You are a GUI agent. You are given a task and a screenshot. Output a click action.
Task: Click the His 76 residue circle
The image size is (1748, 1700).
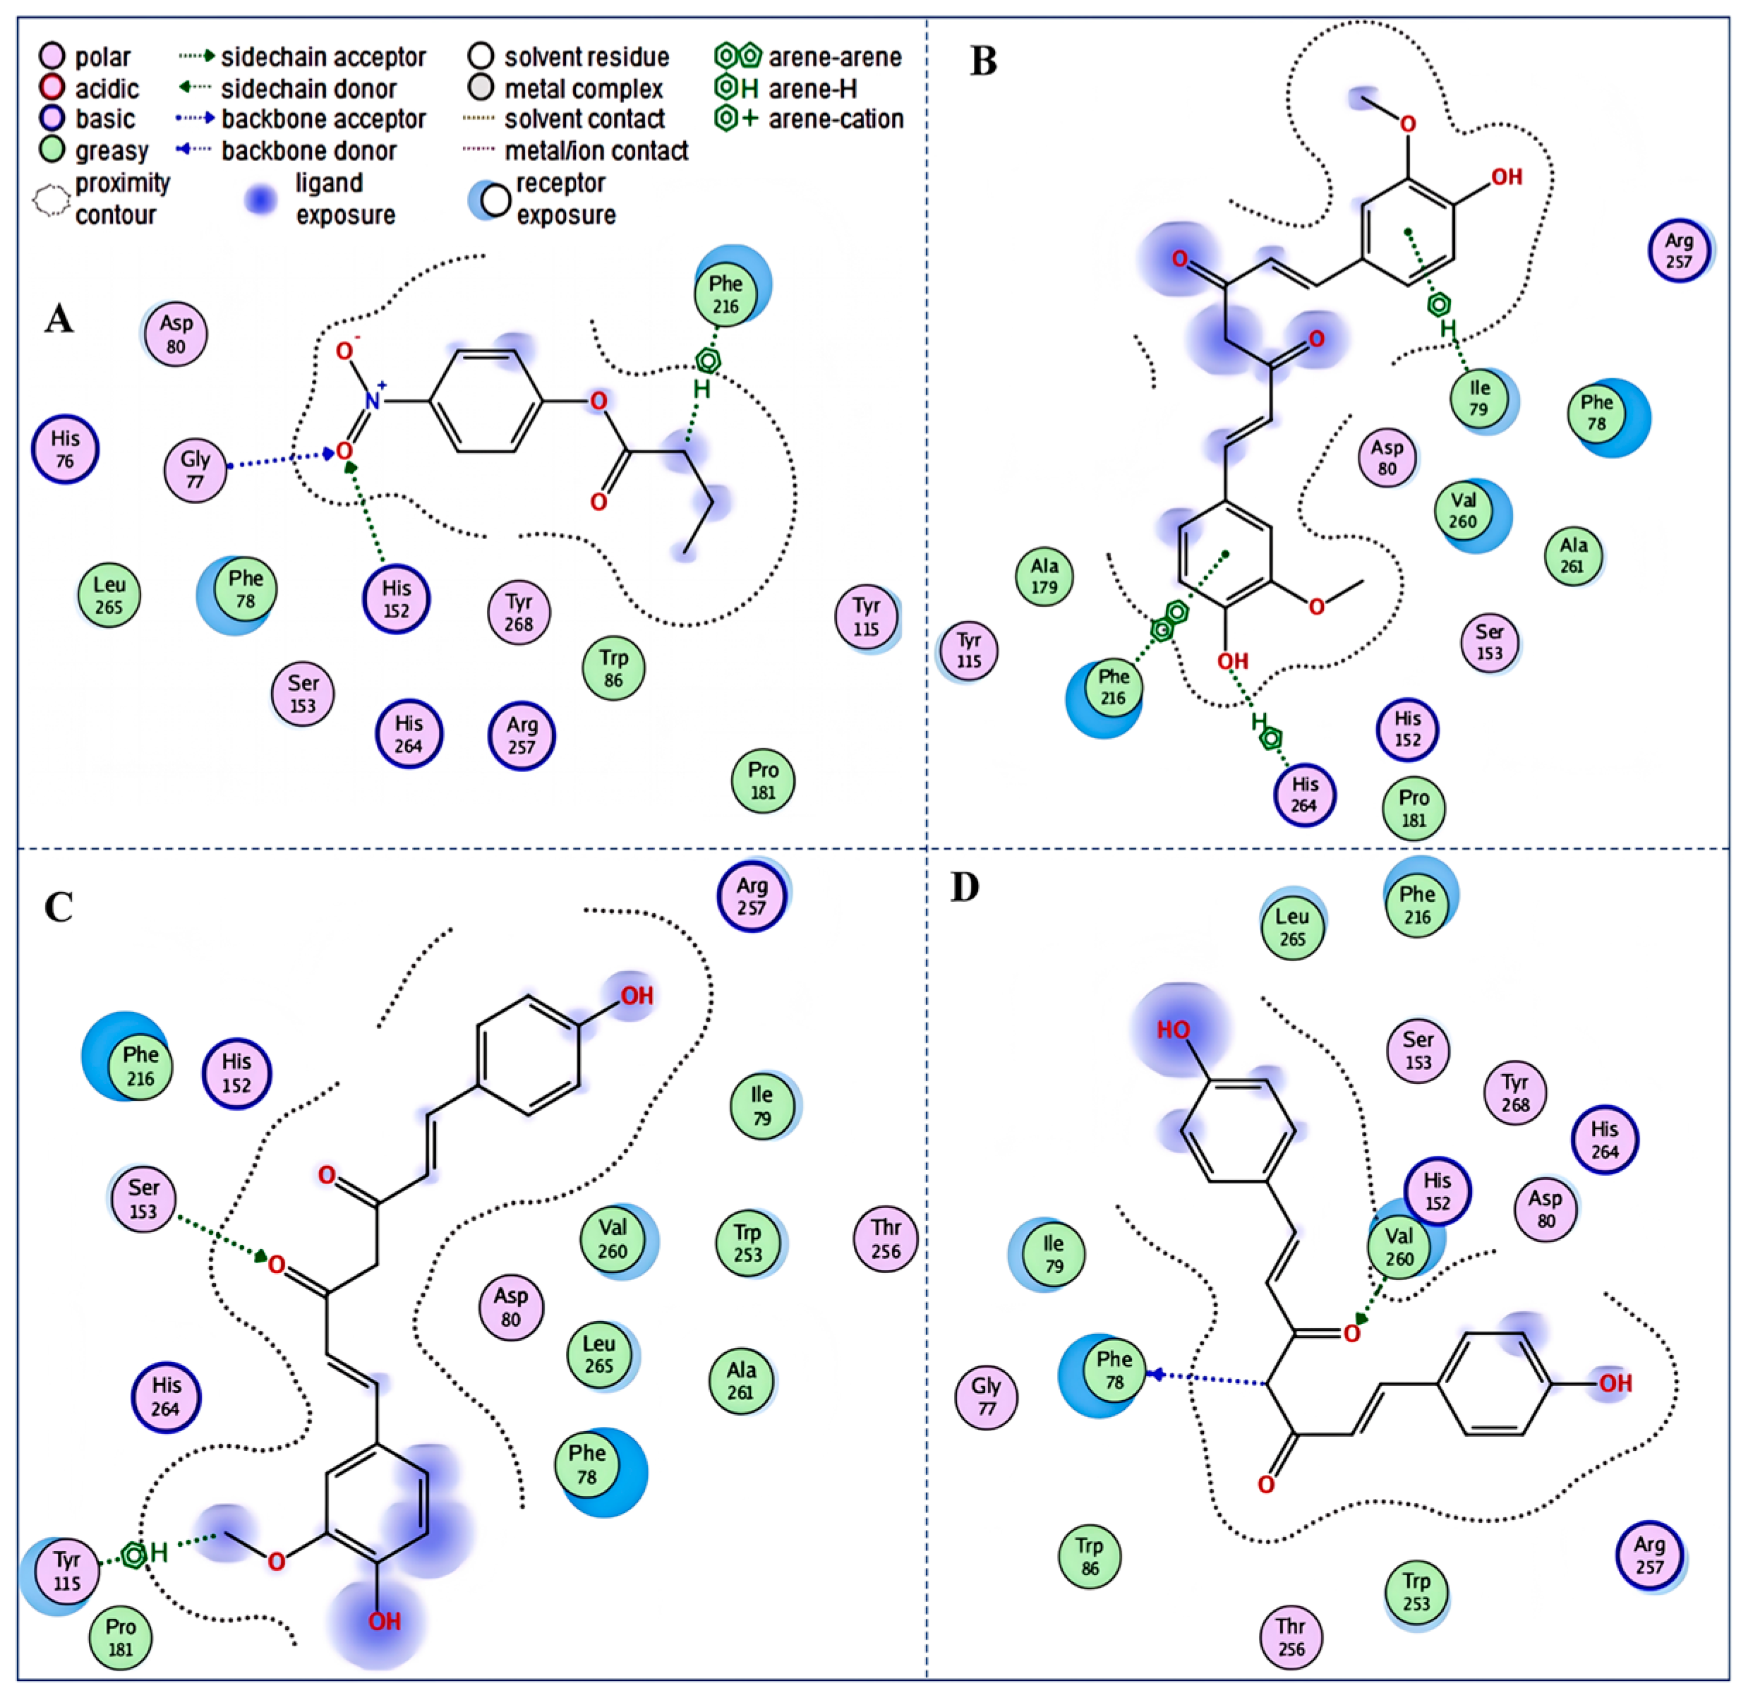click(x=65, y=449)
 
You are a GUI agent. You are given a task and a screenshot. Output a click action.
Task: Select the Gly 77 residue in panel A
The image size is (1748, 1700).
click(x=195, y=470)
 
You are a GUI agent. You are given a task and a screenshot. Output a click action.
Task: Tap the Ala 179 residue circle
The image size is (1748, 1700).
click(x=1044, y=576)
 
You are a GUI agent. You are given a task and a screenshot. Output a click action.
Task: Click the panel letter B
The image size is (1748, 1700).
click(x=983, y=61)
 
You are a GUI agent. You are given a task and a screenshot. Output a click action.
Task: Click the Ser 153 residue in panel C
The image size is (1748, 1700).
click(x=143, y=1199)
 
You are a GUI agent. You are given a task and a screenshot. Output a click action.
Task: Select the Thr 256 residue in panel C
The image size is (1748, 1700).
click(x=886, y=1239)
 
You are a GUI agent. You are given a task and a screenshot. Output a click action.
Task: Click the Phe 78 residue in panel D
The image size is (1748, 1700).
click(x=1114, y=1370)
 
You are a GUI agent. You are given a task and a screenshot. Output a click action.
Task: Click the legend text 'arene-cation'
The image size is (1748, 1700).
click(x=836, y=119)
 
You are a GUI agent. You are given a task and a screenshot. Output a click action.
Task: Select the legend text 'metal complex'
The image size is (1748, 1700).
click(x=584, y=88)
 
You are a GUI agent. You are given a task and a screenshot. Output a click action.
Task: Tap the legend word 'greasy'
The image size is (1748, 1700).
click(x=111, y=151)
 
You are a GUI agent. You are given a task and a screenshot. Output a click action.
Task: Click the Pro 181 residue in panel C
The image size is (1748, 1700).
click(x=121, y=1637)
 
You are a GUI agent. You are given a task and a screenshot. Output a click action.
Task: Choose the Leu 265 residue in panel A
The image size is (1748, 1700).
click(x=109, y=596)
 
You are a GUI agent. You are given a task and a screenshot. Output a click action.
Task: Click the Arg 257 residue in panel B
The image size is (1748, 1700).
click(x=1678, y=251)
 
